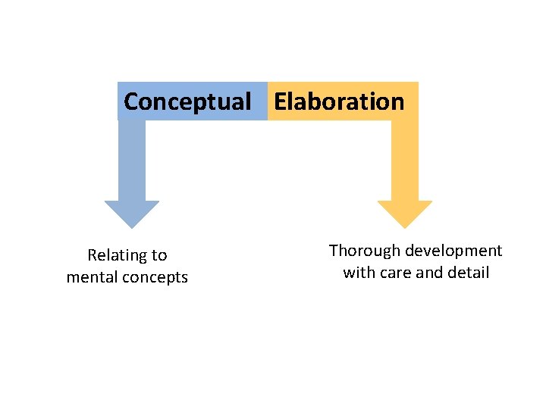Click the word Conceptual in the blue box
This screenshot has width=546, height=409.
pyautogui.click(x=187, y=101)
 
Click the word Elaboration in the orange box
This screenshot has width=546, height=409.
pyautogui.click(x=339, y=101)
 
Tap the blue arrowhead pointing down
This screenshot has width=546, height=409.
pyautogui.click(x=131, y=214)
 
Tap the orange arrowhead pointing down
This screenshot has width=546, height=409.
pyautogui.click(x=404, y=214)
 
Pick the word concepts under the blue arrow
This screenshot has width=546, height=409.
pyautogui.click(x=155, y=277)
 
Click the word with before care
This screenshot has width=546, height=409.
pyautogui.click(x=358, y=273)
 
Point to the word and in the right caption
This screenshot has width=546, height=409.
pyautogui.click(x=430, y=273)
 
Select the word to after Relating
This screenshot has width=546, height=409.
pyautogui.click(x=159, y=255)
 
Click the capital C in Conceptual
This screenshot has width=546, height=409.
pyautogui.click(x=130, y=101)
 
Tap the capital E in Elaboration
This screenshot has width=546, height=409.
pyautogui.click(x=281, y=101)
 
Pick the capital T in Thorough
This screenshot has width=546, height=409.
pyautogui.click(x=333, y=251)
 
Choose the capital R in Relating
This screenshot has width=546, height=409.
pyautogui.click(x=92, y=255)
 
